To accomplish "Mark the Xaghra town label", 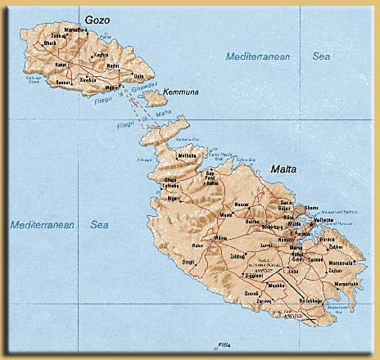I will coord(102,55).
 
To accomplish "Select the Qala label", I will coord(150,76).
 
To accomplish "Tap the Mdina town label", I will coord(219,238).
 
